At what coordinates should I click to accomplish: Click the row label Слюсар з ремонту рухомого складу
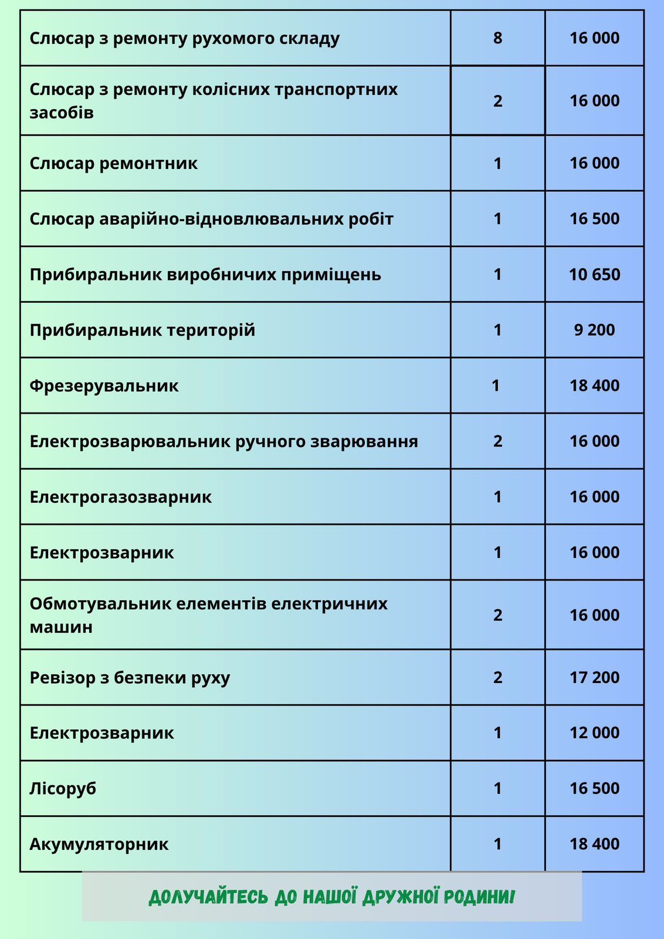coord(184,39)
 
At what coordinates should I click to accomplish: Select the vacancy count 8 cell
coord(497,39)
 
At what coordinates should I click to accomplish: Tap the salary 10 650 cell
coord(594,275)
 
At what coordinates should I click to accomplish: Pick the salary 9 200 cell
coord(594,330)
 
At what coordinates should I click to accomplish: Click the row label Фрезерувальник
coord(104,386)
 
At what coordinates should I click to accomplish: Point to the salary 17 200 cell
coord(594,678)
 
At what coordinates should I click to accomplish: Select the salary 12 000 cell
coord(594,733)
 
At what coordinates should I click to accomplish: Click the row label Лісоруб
coord(63,788)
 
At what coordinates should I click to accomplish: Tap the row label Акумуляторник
coord(99,845)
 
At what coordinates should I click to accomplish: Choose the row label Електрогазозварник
coord(120,497)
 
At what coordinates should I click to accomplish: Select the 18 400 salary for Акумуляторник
coord(594,845)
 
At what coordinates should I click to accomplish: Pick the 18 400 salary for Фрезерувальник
coord(594,386)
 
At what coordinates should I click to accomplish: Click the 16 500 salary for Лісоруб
coord(594,788)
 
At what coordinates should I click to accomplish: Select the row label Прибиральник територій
coord(142,330)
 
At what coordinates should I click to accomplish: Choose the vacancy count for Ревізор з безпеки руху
coord(497,678)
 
